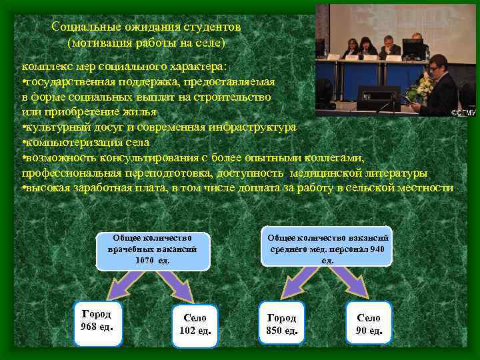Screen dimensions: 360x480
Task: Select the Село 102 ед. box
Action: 195,325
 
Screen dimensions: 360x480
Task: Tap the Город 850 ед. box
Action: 281,323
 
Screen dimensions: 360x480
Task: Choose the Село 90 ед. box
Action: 369,324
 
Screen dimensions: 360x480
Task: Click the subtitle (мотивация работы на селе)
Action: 147,43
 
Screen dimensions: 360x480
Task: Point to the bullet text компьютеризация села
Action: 86,142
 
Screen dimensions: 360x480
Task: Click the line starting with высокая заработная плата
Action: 237,188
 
